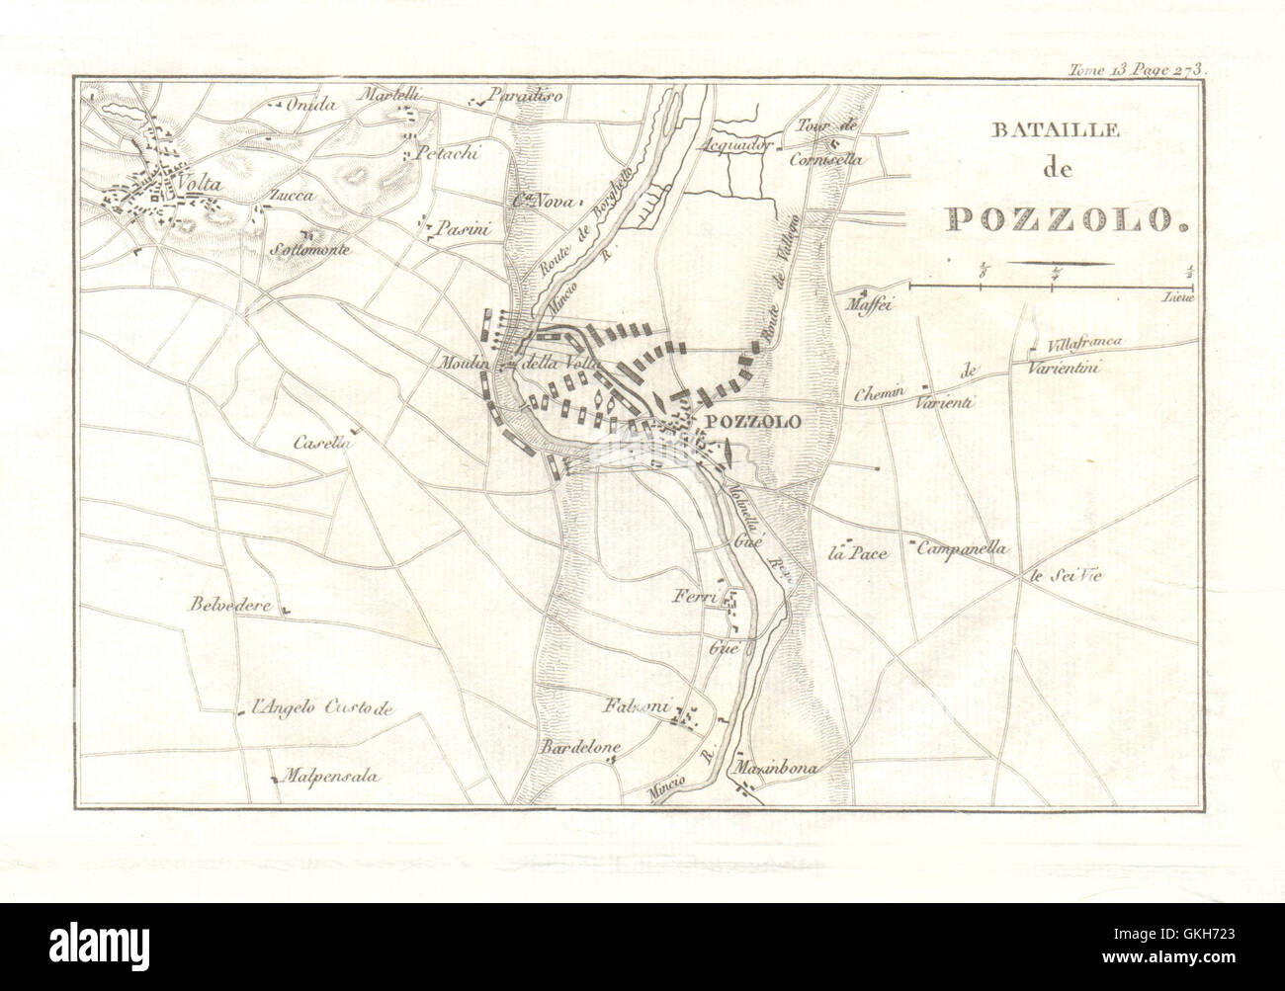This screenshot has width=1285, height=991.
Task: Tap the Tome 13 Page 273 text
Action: coord(1144,69)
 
